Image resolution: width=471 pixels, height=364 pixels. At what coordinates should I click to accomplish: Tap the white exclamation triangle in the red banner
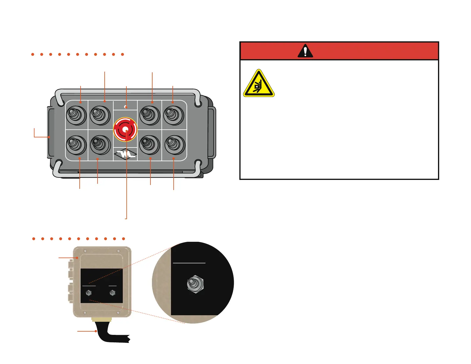coord(305,51)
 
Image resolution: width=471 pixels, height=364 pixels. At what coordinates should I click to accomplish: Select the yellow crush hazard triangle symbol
coord(259,84)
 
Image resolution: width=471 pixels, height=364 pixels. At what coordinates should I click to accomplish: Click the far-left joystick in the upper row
coord(76,115)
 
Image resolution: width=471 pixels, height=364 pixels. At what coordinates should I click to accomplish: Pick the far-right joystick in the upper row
coord(174,115)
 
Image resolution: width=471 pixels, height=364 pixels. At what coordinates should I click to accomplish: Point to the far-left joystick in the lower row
coord(76,145)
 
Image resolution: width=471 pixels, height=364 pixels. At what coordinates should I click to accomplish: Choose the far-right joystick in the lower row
coord(175,145)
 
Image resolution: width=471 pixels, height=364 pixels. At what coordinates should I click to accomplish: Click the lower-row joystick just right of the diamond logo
coord(149,145)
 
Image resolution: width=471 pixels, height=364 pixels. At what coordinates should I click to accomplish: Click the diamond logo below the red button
coord(125,154)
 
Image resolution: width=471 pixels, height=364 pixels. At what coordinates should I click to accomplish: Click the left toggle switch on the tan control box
coord(88,293)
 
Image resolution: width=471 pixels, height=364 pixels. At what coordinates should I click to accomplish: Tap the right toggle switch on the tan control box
coord(112,293)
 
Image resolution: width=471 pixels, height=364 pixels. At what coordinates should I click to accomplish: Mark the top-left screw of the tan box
coord(85,251)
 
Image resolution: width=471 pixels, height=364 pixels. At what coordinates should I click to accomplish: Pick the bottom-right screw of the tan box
coord(118,313)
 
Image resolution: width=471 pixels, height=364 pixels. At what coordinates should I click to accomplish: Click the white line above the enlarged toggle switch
coord(189,263)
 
